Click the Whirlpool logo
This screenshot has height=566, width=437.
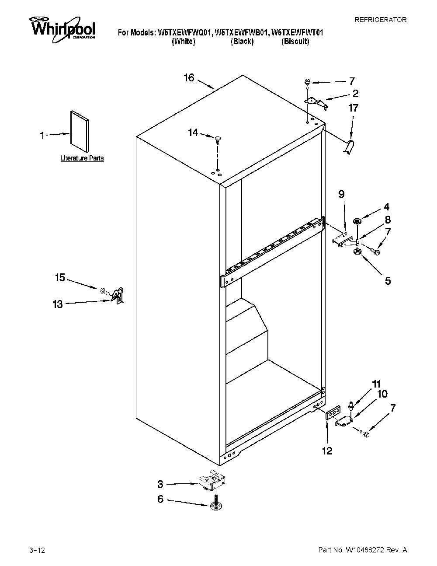(62, 29)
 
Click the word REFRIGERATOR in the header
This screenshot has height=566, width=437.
(380, 20)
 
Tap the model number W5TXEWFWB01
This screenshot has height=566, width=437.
(241, 33)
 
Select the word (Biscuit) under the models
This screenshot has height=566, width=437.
(295, 42)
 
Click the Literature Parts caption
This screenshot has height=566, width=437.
(82, 158)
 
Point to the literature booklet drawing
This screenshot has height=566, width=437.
(80, 131)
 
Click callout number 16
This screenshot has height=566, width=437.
(189, 77)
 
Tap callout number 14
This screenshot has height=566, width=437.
(193, 133)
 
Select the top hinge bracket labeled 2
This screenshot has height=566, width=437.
(316, 102)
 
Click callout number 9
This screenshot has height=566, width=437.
(342, 194)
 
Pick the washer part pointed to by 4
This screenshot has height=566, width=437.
(357, 221)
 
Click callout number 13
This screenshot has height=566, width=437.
(58, 304)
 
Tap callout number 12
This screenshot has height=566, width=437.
(327, 451)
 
